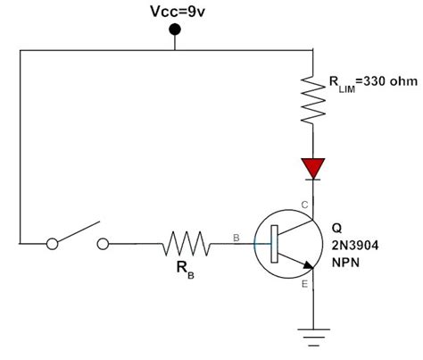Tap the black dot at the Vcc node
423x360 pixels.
(175, 30)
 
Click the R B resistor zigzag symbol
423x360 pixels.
(186, 242)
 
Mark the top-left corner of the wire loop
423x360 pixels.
(19, 51)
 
